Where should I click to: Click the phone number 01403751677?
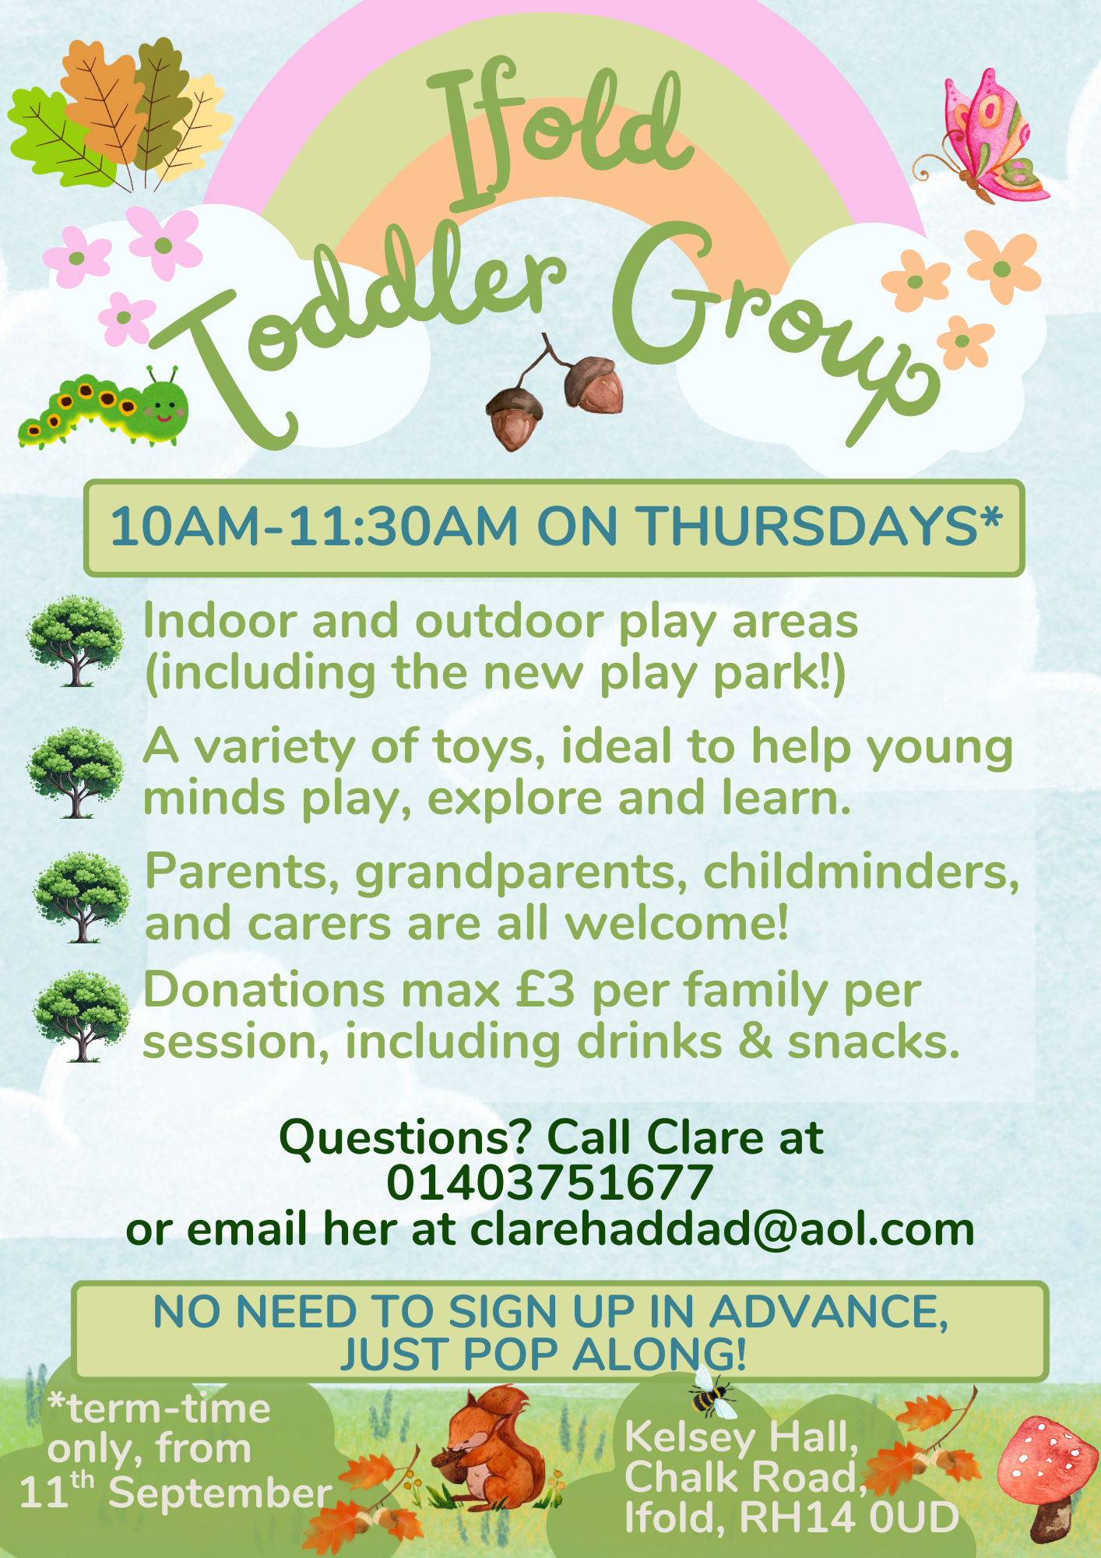550,1183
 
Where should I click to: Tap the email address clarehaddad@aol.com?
723,1229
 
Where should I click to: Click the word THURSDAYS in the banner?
809,526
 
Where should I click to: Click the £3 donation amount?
545,990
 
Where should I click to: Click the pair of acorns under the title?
556,394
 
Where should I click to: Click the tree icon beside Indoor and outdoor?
75,640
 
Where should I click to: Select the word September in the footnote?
220,1493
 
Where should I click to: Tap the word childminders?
861,871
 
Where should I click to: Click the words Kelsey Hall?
741,1437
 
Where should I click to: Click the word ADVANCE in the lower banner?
828,1312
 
